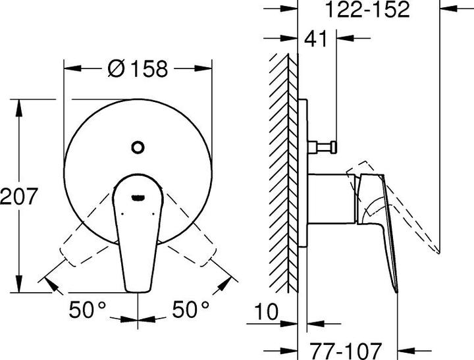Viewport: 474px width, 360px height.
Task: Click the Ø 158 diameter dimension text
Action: click(x=138, y=69)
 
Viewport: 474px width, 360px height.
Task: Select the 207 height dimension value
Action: click(x=18, y=196)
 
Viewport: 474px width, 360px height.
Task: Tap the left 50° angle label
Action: click(x=88, y=309)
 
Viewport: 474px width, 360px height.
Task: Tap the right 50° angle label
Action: click(x=191, y=309)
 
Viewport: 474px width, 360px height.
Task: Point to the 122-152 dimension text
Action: click(x=367, y=9)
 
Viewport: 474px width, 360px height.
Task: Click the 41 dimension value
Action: click(x=315, y=39)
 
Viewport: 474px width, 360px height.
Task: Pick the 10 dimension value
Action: click(x=266, y=311)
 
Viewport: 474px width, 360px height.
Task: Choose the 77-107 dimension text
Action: click(x=346, y=351)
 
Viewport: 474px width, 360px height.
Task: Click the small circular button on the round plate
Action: click(x=138, y=147)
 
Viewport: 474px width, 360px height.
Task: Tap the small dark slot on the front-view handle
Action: click(x=138, y=197)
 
